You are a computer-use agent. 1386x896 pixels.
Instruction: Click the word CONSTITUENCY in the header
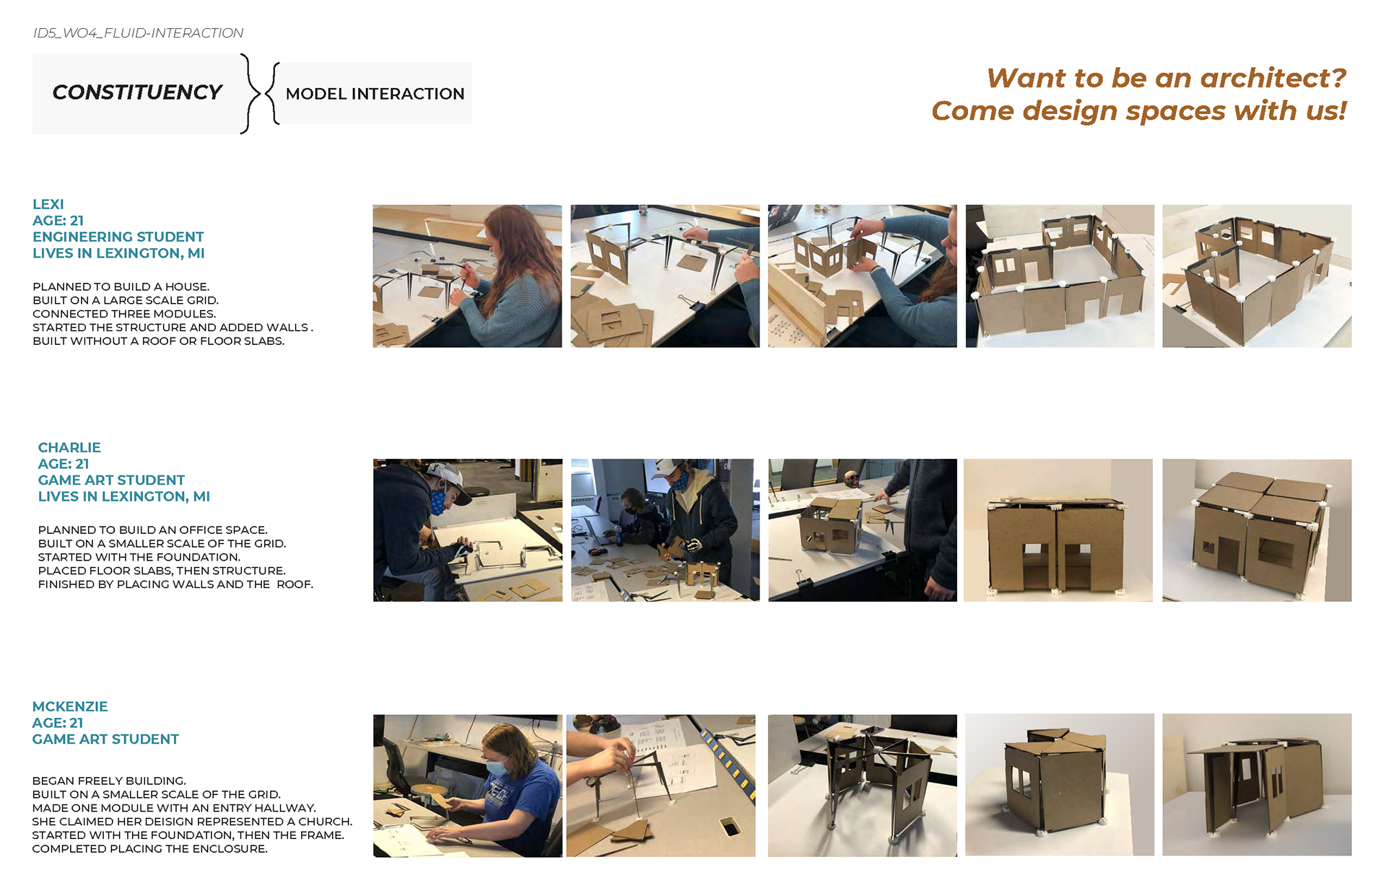[137, 92]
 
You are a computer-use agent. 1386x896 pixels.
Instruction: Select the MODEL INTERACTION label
[375, 94]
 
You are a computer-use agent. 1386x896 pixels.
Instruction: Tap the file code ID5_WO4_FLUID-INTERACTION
[138, 33]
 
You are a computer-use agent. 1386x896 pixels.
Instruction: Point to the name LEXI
[48, 204]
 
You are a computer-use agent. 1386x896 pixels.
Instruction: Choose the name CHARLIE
[69, 447]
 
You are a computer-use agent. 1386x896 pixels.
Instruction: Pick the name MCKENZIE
[70, 706]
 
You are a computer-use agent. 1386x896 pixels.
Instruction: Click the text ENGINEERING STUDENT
[118, 237]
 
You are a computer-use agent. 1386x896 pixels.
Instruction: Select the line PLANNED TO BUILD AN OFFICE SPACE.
[153, 530]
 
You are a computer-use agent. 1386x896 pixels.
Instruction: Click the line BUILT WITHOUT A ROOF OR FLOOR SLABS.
[159, 341]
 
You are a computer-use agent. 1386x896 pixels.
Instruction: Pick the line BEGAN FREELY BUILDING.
[109, 781]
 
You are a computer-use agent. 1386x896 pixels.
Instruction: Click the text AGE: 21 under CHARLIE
[64, 464]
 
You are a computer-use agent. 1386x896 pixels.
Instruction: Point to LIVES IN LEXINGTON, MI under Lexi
[118, 253]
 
